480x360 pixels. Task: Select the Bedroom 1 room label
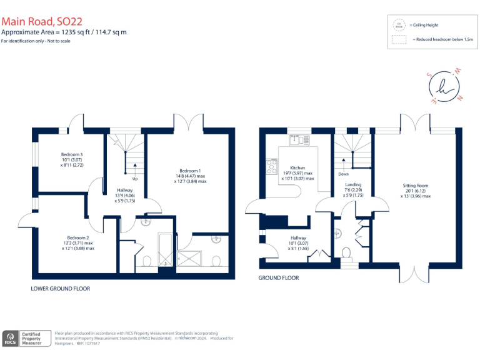coord(190,171)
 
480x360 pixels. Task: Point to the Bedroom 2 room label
coord(78,238)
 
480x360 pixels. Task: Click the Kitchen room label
coord(297,168)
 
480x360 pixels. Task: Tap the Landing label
coord(354,185)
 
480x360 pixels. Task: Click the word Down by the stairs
coord(343,175)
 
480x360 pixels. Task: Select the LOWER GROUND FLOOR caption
coord(61,289)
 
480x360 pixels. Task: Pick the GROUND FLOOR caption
coord(279,277)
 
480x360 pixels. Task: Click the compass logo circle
coord(445,86)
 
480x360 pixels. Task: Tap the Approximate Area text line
coord(64,32)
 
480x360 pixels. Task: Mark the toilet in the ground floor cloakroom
coord(347,254)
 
